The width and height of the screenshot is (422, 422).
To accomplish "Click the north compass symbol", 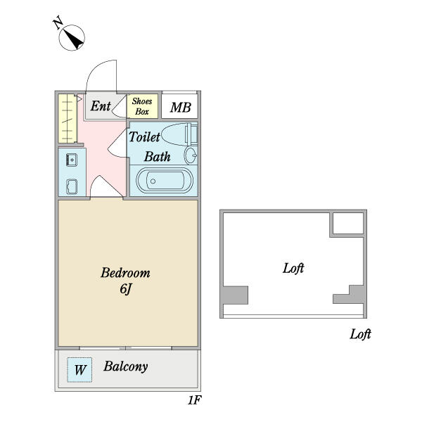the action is [72, 38].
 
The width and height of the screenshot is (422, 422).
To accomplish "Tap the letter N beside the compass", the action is [58, 23].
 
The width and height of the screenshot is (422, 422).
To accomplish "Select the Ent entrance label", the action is [101, 106].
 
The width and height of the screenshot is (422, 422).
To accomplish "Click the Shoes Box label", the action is [142, 106].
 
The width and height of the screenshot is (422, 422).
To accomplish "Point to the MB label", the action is [180, 108].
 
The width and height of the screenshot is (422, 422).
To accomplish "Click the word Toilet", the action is [144, 136].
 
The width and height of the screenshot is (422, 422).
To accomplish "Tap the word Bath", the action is [157, 157].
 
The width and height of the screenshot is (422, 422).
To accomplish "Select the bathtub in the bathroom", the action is [165, 180].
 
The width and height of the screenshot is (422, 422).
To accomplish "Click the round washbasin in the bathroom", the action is [191, 155].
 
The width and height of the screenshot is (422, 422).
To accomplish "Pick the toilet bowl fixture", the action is [179, 134].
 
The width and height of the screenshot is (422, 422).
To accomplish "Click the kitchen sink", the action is [72, 160].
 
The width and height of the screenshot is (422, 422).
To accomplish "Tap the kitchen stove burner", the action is [72, 186].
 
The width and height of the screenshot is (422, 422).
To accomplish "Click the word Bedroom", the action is [125, 273].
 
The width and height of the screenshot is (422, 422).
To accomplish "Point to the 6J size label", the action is [125, 289].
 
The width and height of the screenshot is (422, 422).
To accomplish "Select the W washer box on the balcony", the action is [79, 370].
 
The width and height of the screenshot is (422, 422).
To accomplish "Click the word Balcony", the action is [126, 366].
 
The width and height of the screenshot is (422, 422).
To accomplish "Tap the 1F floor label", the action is [194, 400].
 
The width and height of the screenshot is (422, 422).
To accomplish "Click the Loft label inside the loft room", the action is [293, 268].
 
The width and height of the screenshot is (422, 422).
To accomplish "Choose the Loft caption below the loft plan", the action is [360, 334].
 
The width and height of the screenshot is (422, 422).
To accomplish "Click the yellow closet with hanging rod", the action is [68, 118].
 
